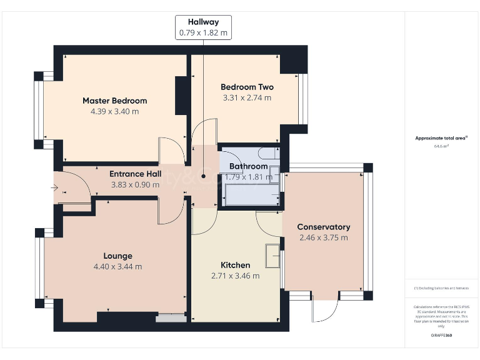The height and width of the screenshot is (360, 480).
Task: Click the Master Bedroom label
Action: [114, 101]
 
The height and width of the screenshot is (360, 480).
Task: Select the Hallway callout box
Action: [204, 27]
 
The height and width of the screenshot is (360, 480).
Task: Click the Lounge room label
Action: [117, 256]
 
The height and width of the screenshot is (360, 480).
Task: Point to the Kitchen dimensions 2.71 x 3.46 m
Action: [235, 276]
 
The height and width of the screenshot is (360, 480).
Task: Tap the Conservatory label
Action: [323, 227]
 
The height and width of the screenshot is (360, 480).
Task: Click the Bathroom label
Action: [248, 166]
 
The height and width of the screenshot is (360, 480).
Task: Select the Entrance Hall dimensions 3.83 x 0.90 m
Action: [136, 185]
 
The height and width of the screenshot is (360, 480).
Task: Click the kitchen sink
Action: [272, 255]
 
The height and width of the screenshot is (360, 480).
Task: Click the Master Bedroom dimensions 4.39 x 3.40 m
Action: [114, 111]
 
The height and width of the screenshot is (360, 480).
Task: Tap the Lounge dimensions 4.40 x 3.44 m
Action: [117, 266]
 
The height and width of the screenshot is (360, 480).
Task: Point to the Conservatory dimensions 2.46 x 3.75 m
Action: [323, 237]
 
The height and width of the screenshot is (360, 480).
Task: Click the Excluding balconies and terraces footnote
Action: [441, 288]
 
